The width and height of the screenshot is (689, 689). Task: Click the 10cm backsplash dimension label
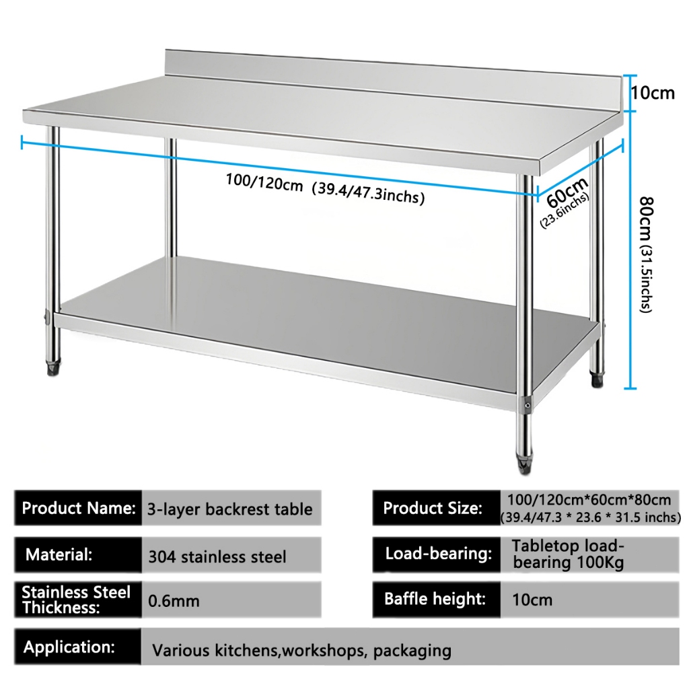click(653, 93)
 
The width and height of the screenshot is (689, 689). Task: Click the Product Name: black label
click(78, 508)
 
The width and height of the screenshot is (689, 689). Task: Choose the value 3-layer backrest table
click(230, 509)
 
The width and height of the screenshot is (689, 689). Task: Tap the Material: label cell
click(59, 556)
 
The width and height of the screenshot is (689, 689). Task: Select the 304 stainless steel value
click(217, 557)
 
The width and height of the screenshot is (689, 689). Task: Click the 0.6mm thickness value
click(174, 600)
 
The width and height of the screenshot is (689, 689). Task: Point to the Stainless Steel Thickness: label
click(75, 600)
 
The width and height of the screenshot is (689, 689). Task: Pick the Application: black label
click(69, 647)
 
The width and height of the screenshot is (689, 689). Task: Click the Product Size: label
click(432, 508)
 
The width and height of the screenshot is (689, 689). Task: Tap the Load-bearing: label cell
click(438, 554)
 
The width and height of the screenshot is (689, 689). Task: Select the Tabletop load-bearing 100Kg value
click(568, 554)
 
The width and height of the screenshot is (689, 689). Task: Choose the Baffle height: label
click(435, 599)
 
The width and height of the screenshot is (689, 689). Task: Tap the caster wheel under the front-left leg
click(51, 367)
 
